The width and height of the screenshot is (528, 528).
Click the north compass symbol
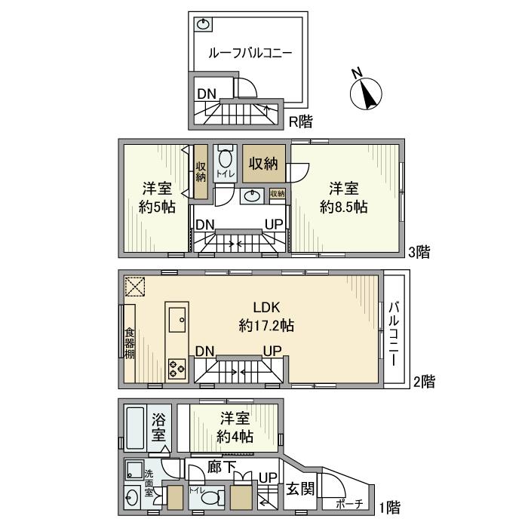click(x=367, y=92)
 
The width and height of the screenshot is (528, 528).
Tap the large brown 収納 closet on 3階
click(x=264, y=164)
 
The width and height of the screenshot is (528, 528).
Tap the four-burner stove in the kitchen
click(x=177, y=369)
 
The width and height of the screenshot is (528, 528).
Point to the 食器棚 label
click(x=128, y=342)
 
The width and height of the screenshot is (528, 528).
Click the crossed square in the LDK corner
click(x=135, y=287)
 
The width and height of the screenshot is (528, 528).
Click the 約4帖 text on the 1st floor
click(x=235, y=437)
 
